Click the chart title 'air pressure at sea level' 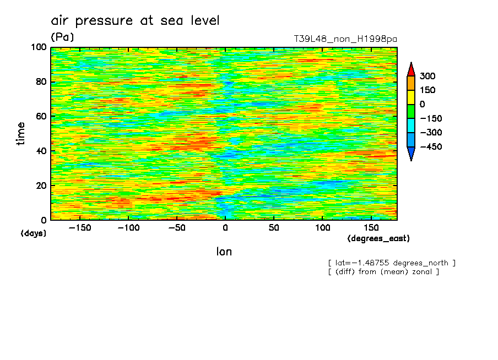(x=135, y=21)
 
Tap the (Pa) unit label (x=62, y=37)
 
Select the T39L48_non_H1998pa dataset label (x=345, y=39)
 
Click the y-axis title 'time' (x=21, y=134)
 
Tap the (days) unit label (x=33, y=233)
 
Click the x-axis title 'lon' (x=224, y=252)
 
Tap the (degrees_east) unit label (x=378, y=238)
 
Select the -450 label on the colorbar (x=430, y=147)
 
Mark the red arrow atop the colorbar (x=410, y=69)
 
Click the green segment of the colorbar (x=410, y=111)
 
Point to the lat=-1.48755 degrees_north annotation (x=392, y=263)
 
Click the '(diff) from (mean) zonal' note (x=383, y=271)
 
